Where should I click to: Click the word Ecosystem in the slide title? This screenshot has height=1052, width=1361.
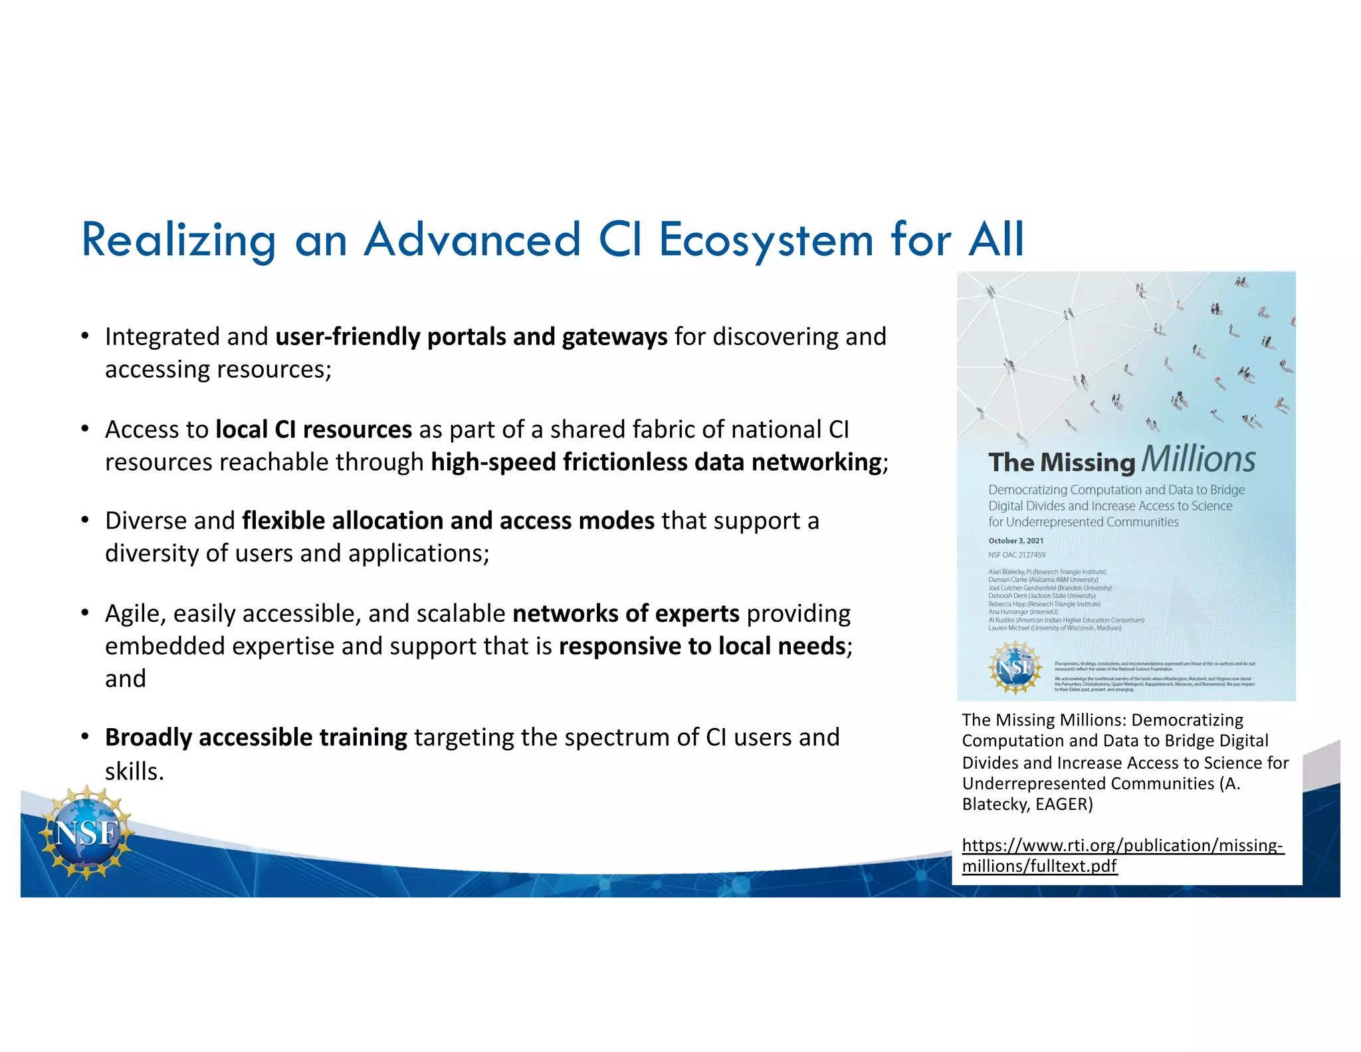[x=766, y=241]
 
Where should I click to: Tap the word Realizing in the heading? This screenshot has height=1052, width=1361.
[x=178, y=241]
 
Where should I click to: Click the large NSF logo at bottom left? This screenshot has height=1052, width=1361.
[x=86, y=833]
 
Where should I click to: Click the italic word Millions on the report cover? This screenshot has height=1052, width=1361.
[x=1198, y=459]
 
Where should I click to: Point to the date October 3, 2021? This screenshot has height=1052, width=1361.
[x=1015, y=541]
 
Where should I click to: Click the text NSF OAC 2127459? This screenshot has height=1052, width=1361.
[x=1016, y=555]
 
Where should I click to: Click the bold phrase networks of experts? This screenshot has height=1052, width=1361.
[x=625, y=613]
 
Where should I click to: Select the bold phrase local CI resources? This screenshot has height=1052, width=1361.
[x=314, y=430]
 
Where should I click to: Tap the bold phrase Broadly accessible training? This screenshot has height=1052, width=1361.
[x=256, y=737]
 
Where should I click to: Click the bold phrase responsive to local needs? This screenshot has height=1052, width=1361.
[x=702, y=646]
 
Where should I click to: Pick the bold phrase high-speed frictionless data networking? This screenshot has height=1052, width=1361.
[x=656, y=462]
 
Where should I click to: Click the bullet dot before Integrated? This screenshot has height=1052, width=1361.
[x=85, y=336]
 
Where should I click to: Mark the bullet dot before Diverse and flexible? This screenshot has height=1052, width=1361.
[x=85, y=520]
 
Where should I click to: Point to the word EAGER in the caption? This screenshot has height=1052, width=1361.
[x=1061, y=805]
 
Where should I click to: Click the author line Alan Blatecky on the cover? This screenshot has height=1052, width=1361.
[x=1047, y=572]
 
